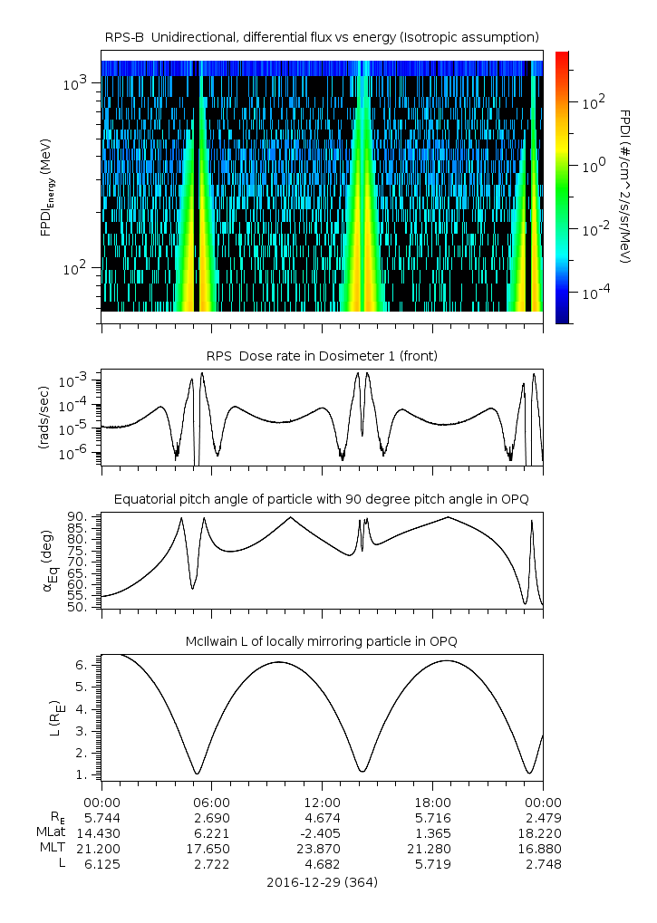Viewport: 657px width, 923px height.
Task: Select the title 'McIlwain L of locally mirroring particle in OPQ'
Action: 322,641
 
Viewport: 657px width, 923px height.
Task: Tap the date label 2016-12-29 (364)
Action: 322,881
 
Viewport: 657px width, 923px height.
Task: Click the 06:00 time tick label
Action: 212,802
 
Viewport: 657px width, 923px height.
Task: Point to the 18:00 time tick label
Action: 432,802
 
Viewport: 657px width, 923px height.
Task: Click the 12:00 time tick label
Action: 322,802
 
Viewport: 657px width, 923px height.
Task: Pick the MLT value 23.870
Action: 322,849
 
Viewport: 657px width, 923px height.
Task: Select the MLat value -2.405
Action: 322,832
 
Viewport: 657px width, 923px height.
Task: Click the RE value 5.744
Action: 101,817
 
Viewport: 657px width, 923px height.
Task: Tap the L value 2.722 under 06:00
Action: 212,864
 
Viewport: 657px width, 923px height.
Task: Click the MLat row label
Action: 49,832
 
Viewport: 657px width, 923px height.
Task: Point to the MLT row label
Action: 51,849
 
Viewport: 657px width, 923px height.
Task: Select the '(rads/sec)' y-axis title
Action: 43,418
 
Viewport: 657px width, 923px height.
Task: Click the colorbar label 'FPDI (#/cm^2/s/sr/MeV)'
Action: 625,187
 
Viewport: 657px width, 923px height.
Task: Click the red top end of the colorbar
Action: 562,56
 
